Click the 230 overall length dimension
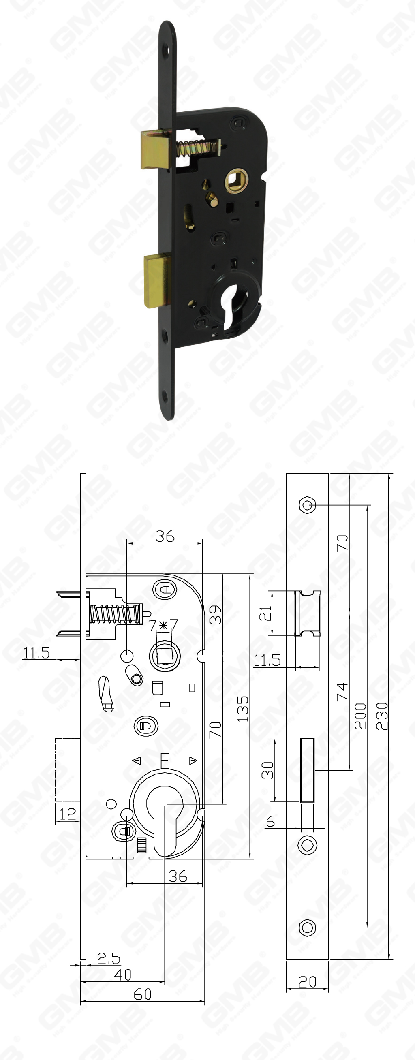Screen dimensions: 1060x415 click(x=383, y=716)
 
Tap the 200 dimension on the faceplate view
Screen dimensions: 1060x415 click(x=360, y=716)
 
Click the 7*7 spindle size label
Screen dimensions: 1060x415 click(x=163, y=626)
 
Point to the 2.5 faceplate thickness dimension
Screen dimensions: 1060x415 click(x=109, y=958)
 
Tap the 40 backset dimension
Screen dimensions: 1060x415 click(x=123, y=975)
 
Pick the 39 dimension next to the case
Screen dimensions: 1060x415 click(x=215, y=614)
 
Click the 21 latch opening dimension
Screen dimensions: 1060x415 click(x=266, y=613)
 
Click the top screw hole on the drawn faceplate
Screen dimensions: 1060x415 click(x=307, y=505)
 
